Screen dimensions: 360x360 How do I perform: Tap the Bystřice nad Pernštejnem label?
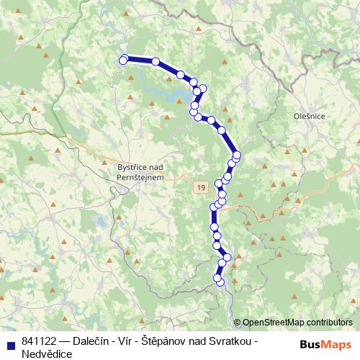[x=140, y=171]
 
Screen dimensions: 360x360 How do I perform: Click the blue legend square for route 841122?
[x=9, y=341]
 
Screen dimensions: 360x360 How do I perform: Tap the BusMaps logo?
[x=326, y=343]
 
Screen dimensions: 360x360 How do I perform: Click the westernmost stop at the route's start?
[x=123, y=60]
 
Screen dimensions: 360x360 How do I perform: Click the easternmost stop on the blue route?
[x=237, y=156]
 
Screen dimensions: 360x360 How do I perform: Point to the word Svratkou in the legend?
[x=235, y=341]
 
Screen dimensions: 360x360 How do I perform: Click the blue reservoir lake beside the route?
[x=173, y=90]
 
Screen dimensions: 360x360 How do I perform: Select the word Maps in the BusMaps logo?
[x=336, y=343]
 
